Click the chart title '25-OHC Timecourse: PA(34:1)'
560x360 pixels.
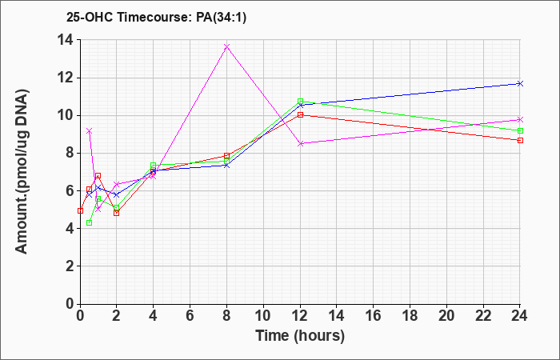pos(157,18)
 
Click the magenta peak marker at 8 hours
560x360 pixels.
pos(226,46)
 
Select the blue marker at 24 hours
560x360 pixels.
pos(520,83)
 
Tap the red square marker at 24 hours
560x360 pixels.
pos(520,140)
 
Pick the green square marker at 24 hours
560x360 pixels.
pos(520,130)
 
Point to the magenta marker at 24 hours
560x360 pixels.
pos(520,119)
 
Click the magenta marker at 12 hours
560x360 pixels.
pos(300,143)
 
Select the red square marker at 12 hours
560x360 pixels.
pos(300,114)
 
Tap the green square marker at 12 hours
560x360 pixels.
pos(300,102)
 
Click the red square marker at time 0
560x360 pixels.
pos(80,210)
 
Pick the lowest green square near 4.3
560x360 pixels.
pos(90,223)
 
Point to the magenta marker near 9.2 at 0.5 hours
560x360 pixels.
pos(90,131)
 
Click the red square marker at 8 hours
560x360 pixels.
pos(226,156)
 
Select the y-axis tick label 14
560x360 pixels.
pos(66,40)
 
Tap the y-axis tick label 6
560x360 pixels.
pos(70,190)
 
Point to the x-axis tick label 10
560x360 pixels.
pos(263,316)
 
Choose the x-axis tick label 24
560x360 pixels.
pos(520,316)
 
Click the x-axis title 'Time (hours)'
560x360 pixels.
pos(300,336)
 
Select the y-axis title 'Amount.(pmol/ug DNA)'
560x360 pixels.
pos(22,171)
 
